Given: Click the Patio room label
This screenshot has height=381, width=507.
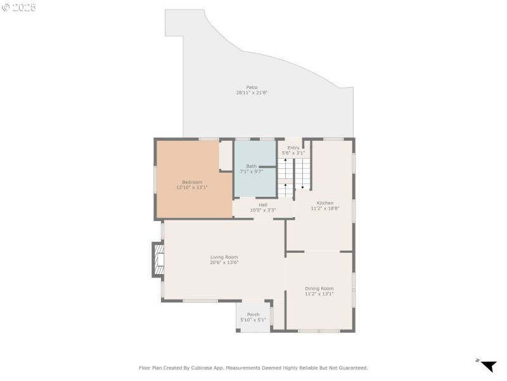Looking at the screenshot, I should (252, 87).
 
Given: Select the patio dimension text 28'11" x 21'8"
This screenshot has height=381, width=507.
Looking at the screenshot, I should (252, 93).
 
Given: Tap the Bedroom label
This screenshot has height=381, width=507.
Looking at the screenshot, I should (192, 182).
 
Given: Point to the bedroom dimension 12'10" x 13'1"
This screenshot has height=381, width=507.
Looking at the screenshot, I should (192, 187).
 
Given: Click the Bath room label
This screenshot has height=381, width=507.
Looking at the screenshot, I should (252, 166).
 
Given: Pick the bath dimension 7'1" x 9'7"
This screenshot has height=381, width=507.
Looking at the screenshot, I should (252, 171).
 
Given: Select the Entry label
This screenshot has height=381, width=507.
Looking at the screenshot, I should (293, 147).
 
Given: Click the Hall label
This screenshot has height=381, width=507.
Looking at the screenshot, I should (262, 204).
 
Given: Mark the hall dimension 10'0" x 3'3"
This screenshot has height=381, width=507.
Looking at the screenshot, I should (262, 210).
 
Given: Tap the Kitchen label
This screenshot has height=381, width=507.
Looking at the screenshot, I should (321, 203).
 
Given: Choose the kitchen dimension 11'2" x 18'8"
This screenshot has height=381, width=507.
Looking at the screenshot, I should (321, 208).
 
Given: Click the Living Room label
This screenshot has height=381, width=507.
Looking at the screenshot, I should (224, 257).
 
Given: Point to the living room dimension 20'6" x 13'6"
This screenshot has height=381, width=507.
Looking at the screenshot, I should (224, 262).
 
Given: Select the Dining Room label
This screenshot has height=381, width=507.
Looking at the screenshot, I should (319, 288).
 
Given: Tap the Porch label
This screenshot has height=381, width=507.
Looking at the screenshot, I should (253, 314).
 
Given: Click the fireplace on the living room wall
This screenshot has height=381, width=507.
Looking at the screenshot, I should (158, 259).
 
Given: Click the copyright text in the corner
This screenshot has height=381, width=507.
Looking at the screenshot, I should (18, 7).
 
